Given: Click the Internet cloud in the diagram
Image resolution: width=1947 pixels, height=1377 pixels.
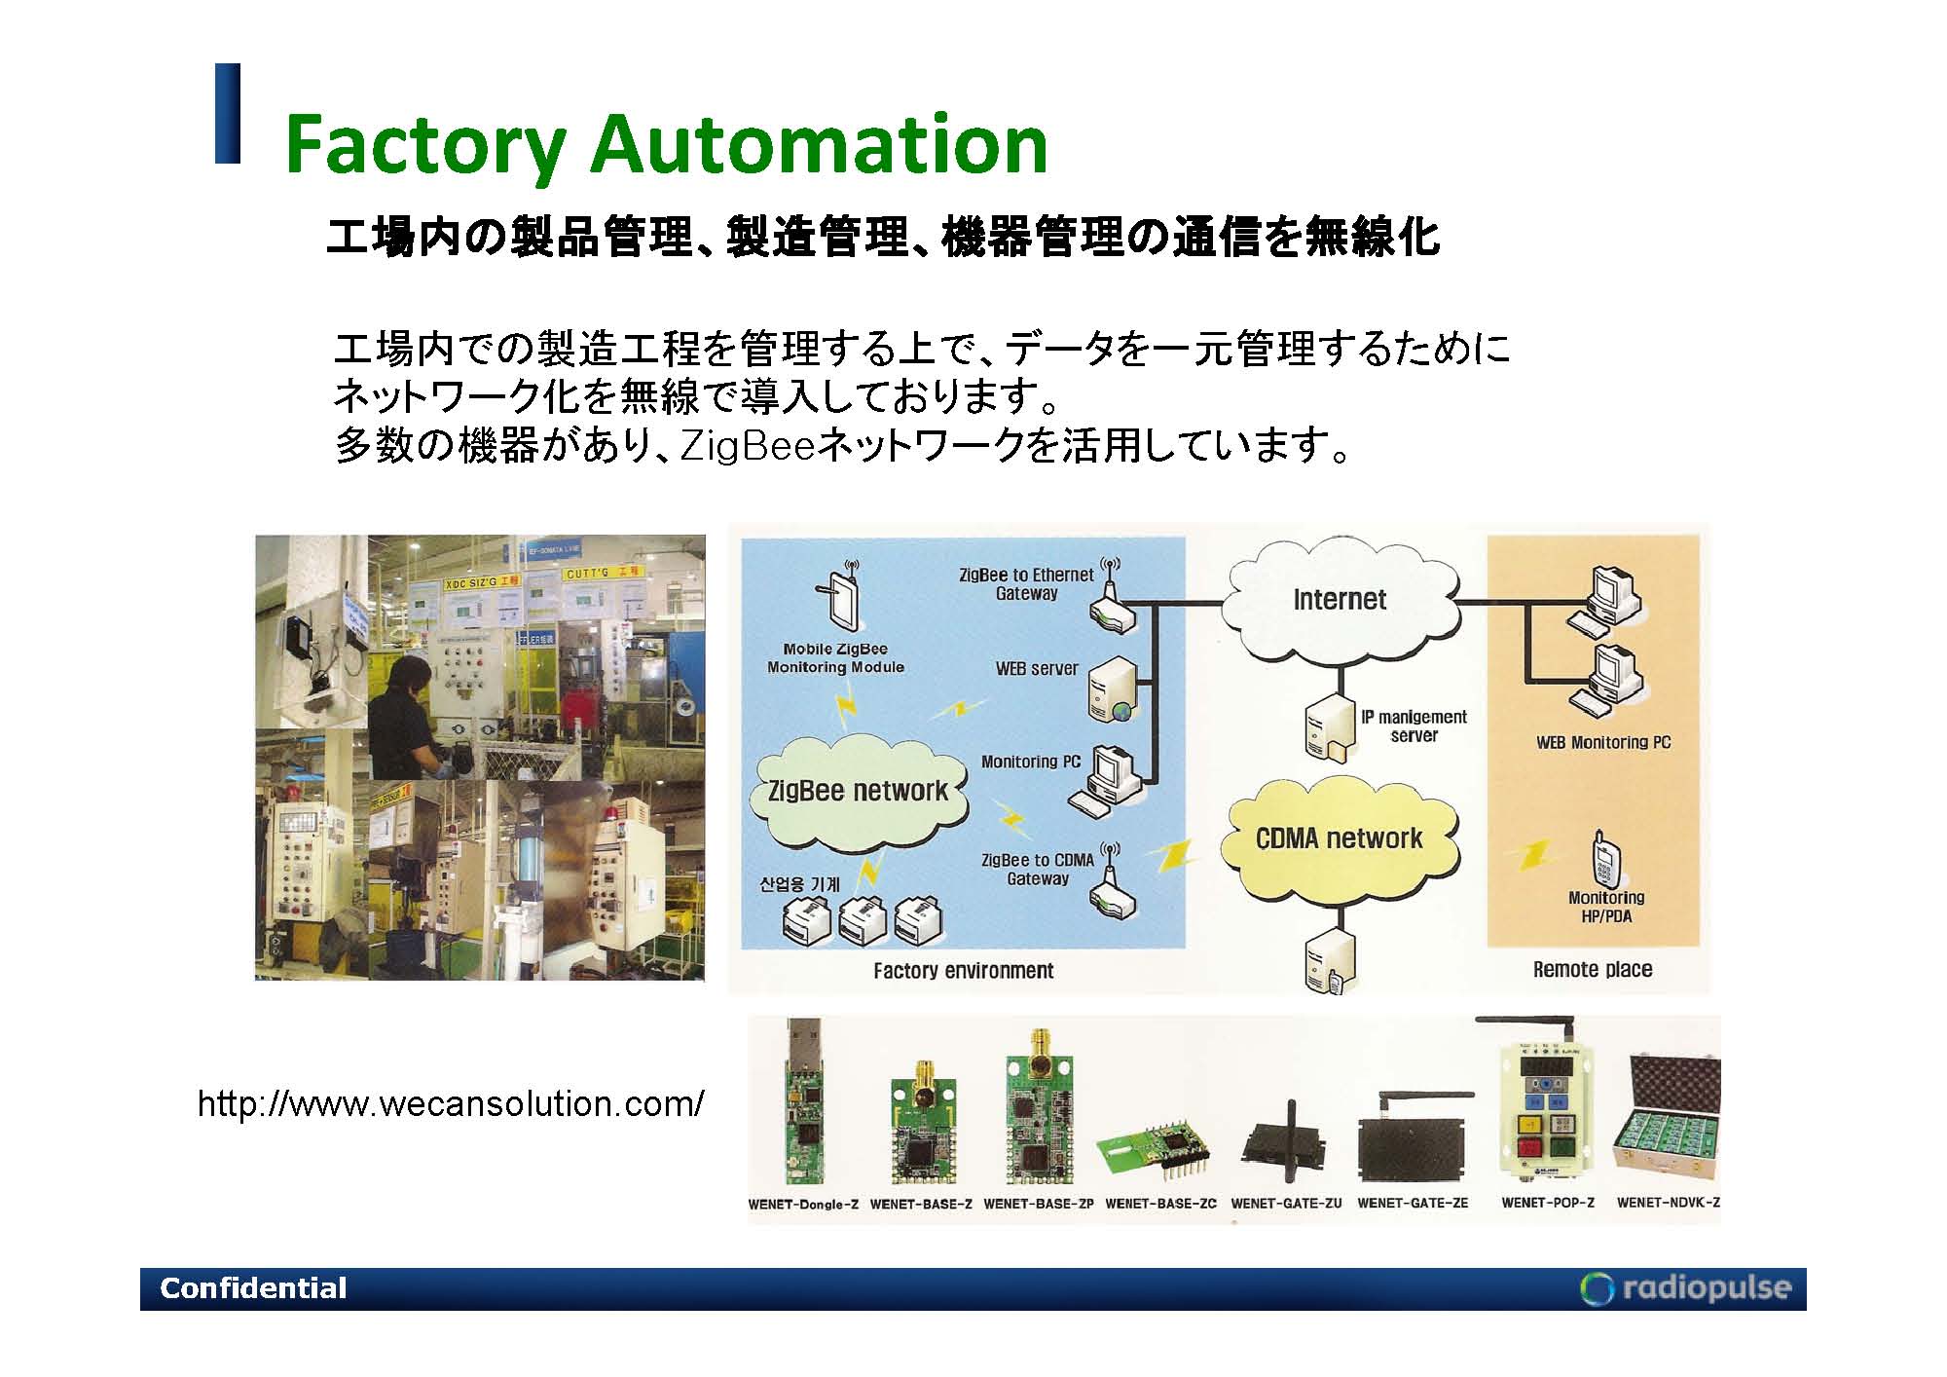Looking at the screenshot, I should click(1340, 600).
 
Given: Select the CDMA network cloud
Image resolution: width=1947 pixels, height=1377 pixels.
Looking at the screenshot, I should click(1340, 838).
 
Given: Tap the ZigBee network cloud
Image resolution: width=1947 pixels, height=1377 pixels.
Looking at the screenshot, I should click(858, 791).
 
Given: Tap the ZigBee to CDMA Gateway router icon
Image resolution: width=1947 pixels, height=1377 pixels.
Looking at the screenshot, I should click(1111, 891).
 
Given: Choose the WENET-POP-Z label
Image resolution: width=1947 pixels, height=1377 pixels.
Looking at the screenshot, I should click(1548, 1202).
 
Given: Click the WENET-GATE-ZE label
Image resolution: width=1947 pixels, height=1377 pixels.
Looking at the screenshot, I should click(1413, 1203).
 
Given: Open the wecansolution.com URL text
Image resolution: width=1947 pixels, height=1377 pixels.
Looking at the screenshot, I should click(451, 1104).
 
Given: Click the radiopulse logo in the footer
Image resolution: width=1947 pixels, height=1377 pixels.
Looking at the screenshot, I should click(1687, 1287).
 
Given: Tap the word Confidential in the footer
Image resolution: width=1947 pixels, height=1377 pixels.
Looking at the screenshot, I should click(253, 1288).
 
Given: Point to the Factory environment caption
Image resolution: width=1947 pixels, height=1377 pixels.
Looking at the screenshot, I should click(963, 970).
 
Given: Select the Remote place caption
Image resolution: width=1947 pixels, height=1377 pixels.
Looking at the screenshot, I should click(1593, 969).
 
